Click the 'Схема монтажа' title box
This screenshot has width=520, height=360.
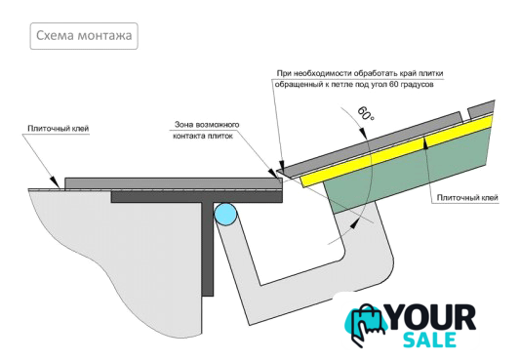point(84,36)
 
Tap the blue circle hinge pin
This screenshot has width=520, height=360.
point(225,214)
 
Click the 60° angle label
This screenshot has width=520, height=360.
point(366,113)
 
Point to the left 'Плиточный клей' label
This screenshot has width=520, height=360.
point(59,128)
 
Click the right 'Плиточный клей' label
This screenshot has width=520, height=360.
point(467,198)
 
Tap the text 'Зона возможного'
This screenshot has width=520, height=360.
point(207,125)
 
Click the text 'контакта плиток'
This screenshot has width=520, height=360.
point(203,136)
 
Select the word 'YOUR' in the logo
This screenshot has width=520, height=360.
point(432,318)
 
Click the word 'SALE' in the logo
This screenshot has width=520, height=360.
point(430,340)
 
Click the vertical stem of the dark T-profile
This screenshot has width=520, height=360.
point(208,249)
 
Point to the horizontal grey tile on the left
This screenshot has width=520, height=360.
point(174,183)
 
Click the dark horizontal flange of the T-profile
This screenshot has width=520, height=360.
point(197,196)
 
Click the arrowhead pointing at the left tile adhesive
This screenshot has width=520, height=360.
point(55,183)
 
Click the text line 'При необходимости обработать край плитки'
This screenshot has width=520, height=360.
point(360,73)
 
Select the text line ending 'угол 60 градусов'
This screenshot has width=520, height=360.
point(354,84)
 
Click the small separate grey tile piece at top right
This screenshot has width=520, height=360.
point(481,109)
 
